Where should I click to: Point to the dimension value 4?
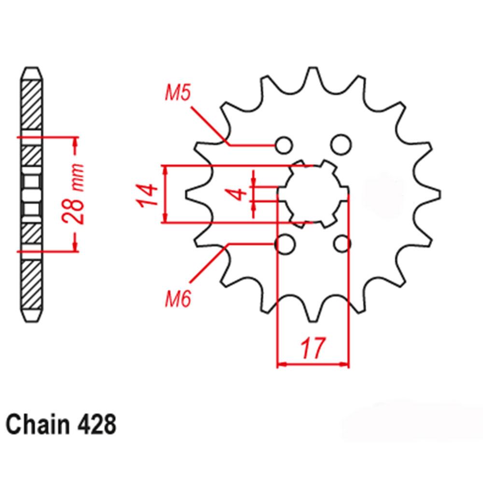237,195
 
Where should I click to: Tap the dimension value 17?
312,348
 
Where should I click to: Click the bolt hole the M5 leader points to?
284,144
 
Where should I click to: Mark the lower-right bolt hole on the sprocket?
342,244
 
